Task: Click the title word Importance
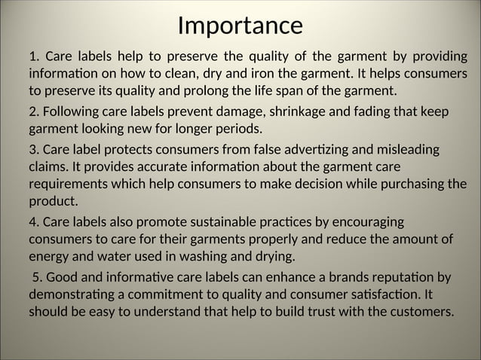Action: coord(240,26)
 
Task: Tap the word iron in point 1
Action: coord(299,75)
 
